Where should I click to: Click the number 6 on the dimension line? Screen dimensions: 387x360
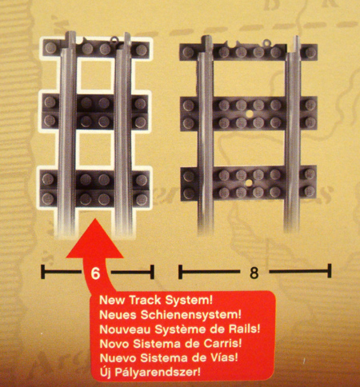coord(95,273)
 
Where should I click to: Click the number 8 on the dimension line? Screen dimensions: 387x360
coord(254,273)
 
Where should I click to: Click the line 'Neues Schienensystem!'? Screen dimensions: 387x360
coord(150,314)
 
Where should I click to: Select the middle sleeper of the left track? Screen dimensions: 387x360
coord(96,112)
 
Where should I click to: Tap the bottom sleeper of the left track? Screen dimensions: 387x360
coord(96,187)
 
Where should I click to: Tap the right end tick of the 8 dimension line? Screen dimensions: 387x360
coord(330,273)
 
